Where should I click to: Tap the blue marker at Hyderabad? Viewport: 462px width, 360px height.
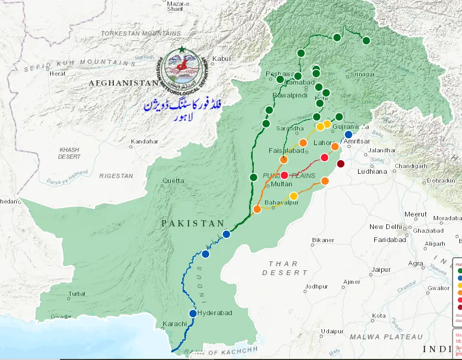click(193, 314)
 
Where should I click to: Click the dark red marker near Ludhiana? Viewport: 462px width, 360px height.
click(341, 164)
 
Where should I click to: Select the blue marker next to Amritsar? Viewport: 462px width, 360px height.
click(348, 135)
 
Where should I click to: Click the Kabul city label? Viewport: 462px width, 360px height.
click(221, 59)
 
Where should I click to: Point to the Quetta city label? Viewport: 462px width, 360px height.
click(173, 181)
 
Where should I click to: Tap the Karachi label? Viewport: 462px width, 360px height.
click(174, 324)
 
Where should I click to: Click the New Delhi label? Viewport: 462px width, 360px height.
click(385, 227)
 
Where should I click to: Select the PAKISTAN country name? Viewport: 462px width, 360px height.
click(193, 223)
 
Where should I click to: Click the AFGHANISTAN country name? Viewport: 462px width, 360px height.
click(123, 83)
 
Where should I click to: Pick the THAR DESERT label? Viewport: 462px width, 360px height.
click(285, 268)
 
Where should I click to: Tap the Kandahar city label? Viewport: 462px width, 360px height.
click(144, 141)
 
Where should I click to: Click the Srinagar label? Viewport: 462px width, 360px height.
click(362, 75)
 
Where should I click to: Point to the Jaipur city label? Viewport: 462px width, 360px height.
click(381, 270)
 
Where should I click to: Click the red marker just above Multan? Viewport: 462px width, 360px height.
click(285, 175)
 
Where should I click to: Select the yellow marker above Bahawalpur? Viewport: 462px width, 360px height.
click(293, 196)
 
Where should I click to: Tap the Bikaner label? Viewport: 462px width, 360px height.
click(323, 240)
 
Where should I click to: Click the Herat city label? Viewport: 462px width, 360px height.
click(57, 74)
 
